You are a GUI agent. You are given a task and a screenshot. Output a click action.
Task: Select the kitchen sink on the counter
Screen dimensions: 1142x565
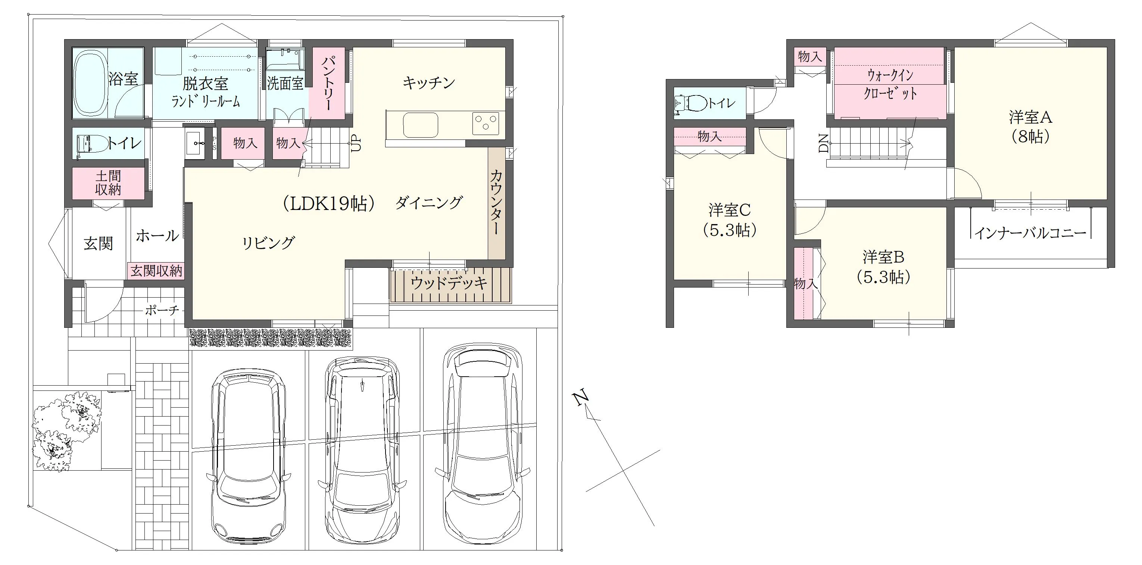(420, 125)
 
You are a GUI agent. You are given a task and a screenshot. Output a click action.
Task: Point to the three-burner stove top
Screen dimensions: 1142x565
(486, 123)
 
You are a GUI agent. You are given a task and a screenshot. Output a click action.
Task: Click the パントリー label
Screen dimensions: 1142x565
(328, 83)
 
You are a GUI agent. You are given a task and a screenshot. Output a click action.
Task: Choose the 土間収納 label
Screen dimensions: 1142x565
(108, 183)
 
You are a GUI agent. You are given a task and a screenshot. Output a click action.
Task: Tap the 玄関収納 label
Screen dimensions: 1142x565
(156, 271)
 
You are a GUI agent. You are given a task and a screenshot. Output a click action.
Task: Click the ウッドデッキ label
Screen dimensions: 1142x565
(449, 283)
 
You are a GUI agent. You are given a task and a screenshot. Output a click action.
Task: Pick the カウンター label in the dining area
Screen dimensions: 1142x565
(496, 202)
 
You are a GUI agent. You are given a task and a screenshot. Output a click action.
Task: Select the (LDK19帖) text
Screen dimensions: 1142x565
(328, 203)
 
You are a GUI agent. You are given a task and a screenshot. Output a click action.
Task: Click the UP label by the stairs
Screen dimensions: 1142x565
(356, 143)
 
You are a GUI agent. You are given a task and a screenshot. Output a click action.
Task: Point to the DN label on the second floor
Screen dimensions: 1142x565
(823, 144)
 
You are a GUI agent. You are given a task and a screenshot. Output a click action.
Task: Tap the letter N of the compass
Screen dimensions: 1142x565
(581, 397)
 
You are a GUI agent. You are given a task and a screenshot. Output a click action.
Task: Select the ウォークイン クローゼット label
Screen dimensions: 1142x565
(890, 84)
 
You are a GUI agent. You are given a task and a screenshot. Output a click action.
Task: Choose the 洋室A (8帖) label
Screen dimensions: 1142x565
(1030, 127)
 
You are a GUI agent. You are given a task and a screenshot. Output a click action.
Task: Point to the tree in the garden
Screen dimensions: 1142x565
(66, 430)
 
